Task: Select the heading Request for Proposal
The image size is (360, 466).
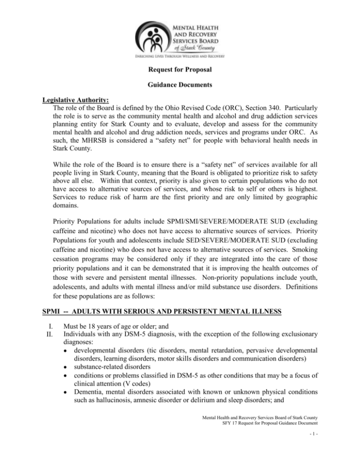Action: tap(180, 73)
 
